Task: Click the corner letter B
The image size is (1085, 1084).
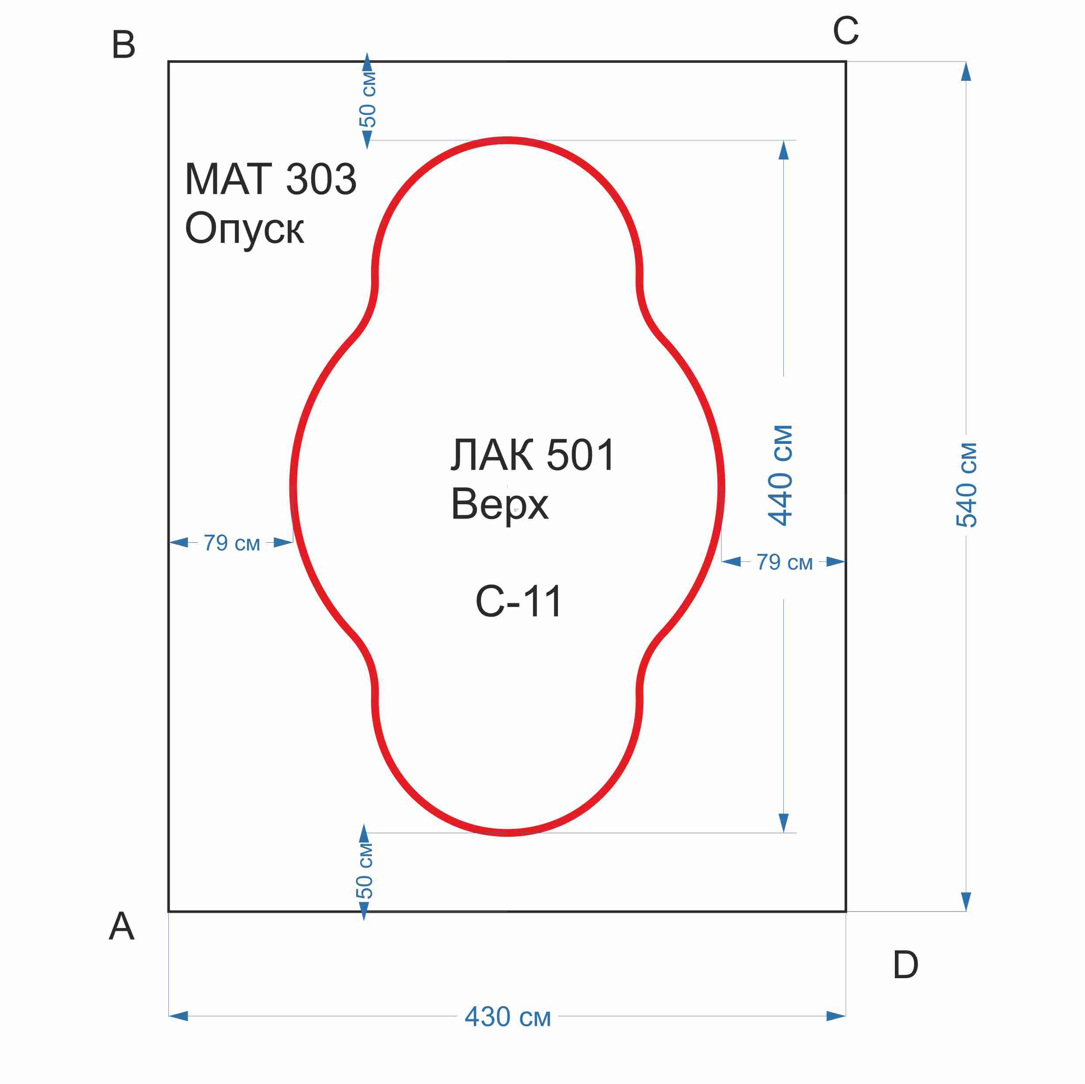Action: (x=124, y=45)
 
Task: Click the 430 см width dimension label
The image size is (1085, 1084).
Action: (x=508, y=1017)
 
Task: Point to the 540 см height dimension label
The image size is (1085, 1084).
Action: (x=966, y=485)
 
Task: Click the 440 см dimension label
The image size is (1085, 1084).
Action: (x=781, y=475)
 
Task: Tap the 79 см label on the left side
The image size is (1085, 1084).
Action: (x=231, y=543)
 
